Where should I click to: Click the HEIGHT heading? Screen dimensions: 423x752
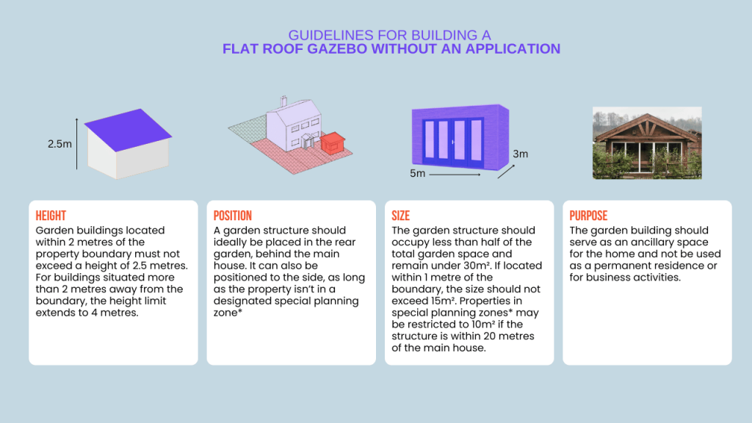(51, 216)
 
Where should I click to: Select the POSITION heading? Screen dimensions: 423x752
(233, 216)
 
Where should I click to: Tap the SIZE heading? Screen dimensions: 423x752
(400, 216)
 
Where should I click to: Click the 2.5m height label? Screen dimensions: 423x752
(59, 144)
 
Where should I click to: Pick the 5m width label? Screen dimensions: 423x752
(417, 174)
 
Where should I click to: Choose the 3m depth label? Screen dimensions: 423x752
(520, 154)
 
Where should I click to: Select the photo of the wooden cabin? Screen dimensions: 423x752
(647, 145)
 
